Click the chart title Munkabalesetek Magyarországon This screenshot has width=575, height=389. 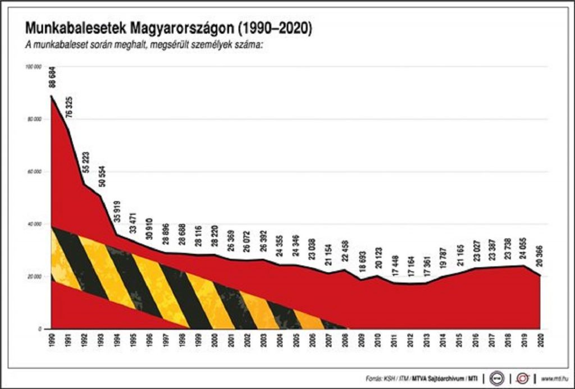[167, 28]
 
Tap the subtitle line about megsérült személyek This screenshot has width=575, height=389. [143, 45]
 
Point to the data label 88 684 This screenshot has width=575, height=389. [53, 76]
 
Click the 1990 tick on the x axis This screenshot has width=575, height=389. [51, 340]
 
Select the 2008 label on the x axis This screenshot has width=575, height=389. [345, 340]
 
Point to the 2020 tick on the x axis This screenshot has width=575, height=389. [541, 340]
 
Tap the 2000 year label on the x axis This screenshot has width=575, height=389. [215, 340]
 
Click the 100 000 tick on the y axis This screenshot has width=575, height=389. [34, 67]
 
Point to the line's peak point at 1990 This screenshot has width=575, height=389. [51, 96]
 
